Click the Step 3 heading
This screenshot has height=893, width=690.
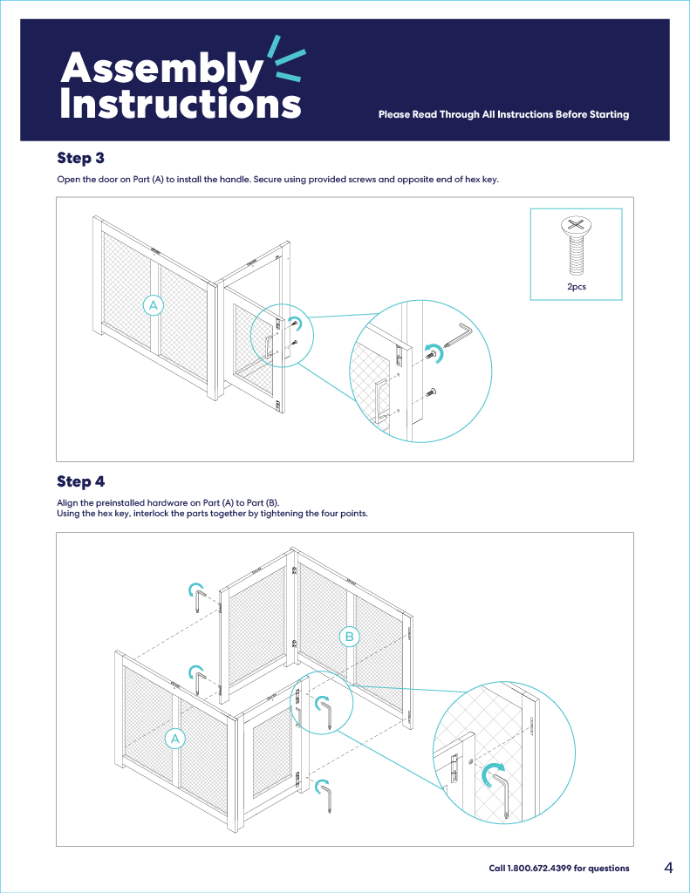point(80,158)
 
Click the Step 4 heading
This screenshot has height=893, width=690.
point(80,481)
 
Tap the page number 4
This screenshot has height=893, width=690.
point(668,868)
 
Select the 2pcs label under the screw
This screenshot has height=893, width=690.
point(576,286)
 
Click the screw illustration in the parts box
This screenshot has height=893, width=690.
point(576,243)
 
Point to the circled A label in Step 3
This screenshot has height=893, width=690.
point(154,305)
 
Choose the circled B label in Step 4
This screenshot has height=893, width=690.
point(349,637)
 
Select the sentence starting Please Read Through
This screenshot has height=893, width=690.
point(503,114)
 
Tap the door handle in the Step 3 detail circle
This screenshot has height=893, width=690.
point(381,401)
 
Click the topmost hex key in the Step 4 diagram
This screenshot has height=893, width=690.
point(201,601)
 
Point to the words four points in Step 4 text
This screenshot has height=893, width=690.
point(345,513)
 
